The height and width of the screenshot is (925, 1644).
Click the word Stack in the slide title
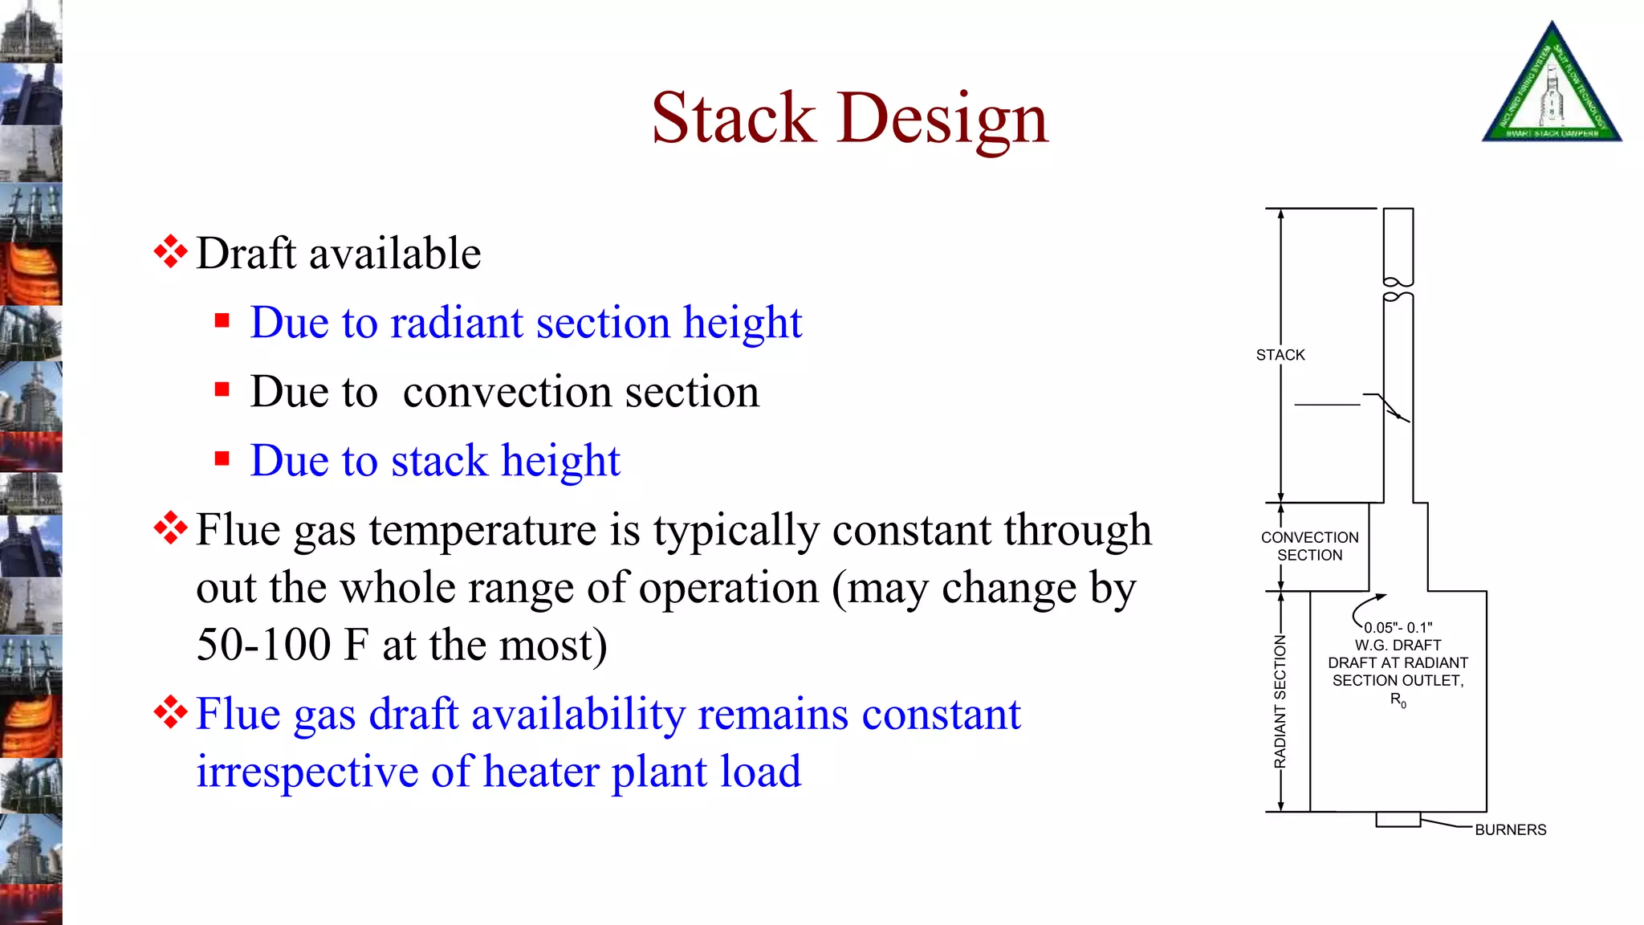click(x=733, y=119)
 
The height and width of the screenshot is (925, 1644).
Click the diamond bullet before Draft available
click(x=170, y=252)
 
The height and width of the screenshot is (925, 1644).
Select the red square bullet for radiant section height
click(x=222, y=322)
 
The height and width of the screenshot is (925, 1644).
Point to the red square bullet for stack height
click(x=222, y=459)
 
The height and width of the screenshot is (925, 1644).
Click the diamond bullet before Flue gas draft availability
click(x=170, y=712)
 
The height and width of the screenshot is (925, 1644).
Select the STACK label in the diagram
click(x=1280, y=355)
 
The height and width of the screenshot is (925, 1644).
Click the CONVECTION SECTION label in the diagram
click(x=1309, y=546)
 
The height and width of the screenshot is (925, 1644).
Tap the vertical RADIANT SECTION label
click(x=1280, y=701)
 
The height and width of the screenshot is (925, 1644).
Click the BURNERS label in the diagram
click(x=1510, y=829)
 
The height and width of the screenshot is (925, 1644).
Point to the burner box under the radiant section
click(x=1398, y=819)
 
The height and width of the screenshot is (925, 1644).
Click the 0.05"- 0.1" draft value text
click(x=1398, y=628)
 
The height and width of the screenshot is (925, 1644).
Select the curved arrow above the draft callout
click(x=1365, y=608)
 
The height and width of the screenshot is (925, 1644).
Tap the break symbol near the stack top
click(x=1398, y=289)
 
